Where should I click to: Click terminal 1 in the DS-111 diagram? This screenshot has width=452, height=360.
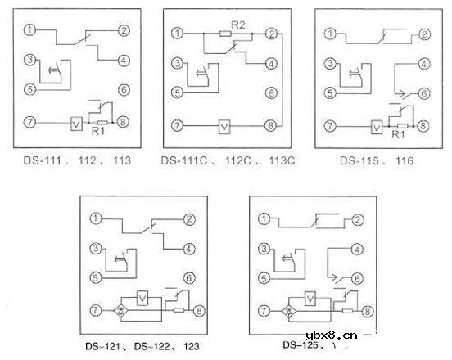tap(30, 31)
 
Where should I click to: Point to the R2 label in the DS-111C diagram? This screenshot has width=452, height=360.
tap(237, 25)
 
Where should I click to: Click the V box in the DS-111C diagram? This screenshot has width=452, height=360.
tap(223, 126)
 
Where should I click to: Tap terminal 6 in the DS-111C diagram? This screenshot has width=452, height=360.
tap(272, 90)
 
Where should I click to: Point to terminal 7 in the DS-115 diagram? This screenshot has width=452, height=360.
tap(330, 126)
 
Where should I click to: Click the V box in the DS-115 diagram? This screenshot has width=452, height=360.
tap(375, 127)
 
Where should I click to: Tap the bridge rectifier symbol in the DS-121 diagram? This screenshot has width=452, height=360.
tap(120, 310)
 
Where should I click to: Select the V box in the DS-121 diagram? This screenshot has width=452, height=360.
tap(142, 298)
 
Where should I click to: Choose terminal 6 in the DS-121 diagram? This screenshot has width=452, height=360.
tap(189, 277)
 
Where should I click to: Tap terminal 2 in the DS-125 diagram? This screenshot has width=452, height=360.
tap(358, 219)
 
